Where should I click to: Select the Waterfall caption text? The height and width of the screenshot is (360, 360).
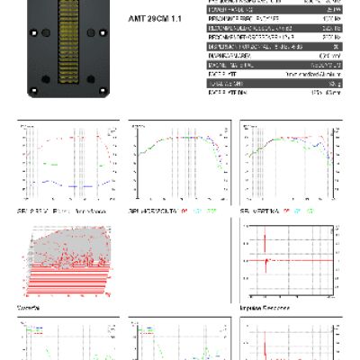pos(27,307)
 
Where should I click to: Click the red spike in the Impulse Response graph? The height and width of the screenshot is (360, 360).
pos(267,259)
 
